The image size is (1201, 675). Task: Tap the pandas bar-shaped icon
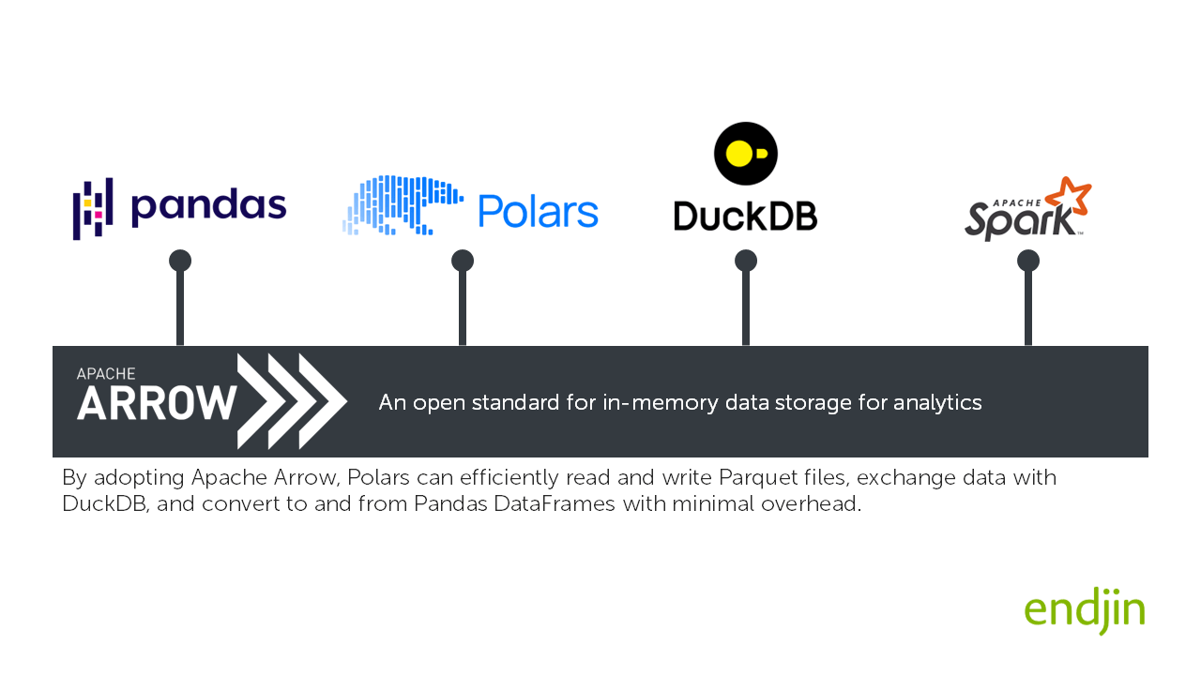(x=93, y=208)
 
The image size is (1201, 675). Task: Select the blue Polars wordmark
(x=538, y=211)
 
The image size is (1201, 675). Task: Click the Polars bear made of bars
(x=402, y=204)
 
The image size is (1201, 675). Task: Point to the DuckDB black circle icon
(x=746, y=154)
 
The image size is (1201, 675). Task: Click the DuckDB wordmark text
(x=746, y=216)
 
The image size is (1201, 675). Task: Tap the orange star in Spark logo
(x=1068, y=198)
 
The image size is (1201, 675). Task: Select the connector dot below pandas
(x=180, y=261)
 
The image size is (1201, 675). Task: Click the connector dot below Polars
(x=463, y=261)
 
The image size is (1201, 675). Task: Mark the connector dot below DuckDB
(x=746, y=261)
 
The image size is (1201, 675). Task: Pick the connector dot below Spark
(x=1028, y=261)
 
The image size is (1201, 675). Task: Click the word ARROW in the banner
(x=156, y=403)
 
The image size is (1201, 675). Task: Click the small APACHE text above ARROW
(x=106, y=373)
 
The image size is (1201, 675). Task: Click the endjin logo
(x=1085, y=611)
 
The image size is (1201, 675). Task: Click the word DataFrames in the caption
(x=561, y=503)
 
